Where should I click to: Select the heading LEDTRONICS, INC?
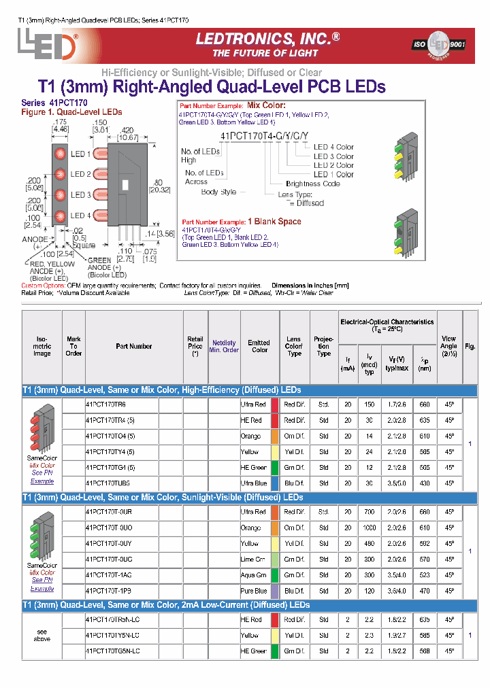[267, 39]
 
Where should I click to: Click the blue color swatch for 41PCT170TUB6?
[275, 483]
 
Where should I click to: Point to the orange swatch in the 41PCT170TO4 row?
[275, 436]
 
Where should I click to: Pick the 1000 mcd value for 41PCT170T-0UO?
[370, 528]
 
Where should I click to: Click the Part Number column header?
[134, 346]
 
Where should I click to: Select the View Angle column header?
[448, 346]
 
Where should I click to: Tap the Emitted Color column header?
[259, 346]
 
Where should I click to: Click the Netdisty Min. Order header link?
[224, 346]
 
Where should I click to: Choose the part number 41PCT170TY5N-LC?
[112, 635]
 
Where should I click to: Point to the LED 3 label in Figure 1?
[81, 195]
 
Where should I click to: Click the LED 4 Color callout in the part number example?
[333, 147]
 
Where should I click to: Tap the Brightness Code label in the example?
[313, 184]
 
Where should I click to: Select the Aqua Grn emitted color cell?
[253, 575]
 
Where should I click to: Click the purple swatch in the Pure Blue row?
[275, 591]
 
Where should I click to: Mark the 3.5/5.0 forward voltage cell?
[398, 483]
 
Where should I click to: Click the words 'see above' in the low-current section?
[42, 635]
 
